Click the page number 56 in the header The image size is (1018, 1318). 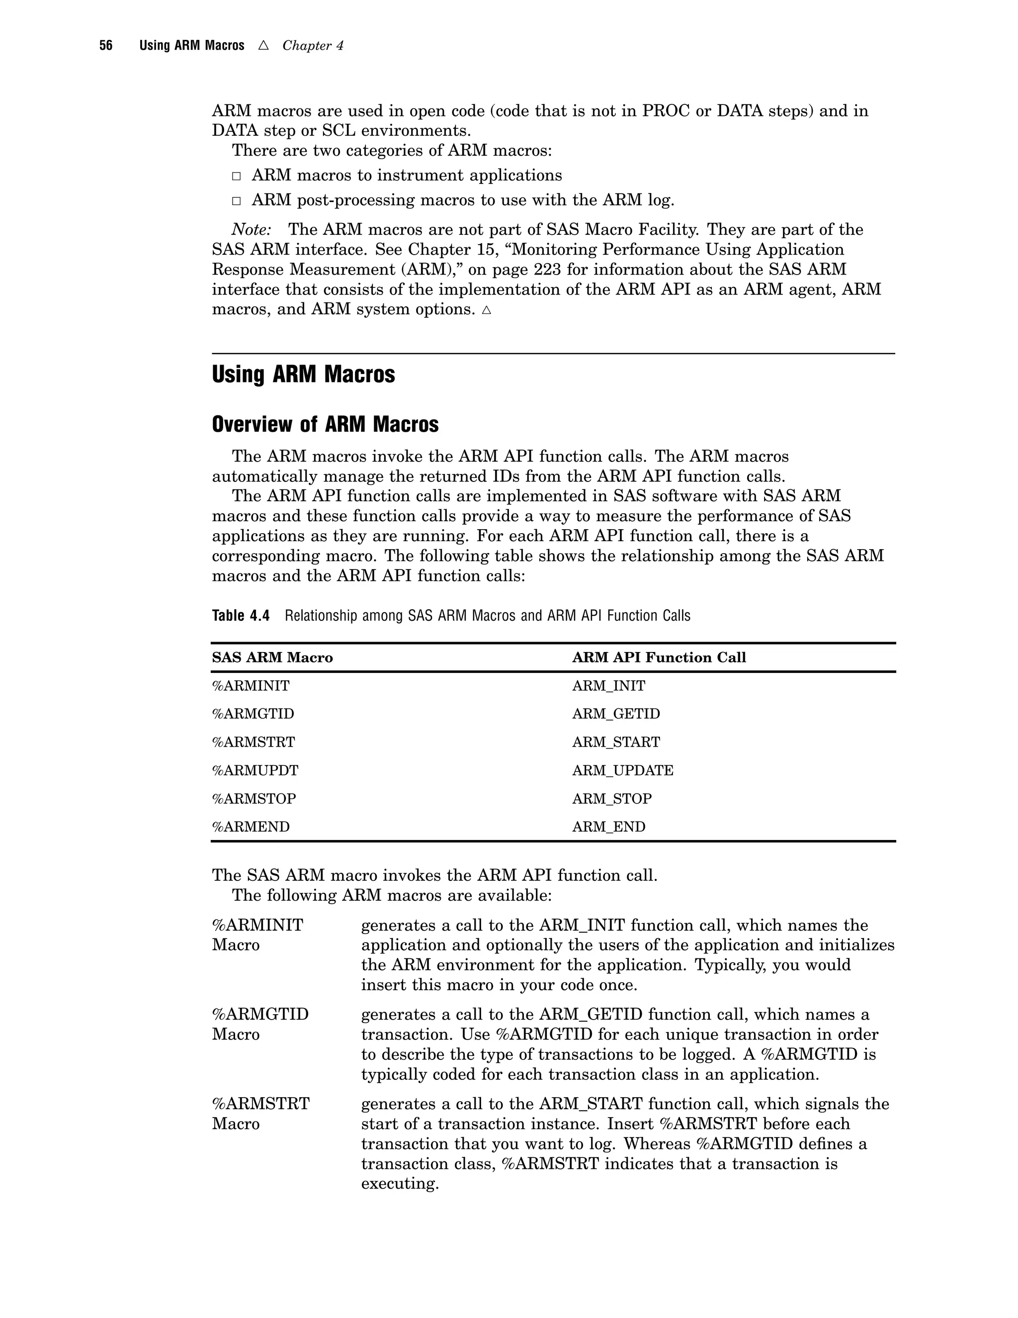click(x=105, y=46)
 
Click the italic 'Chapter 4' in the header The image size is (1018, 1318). click(x=312, y=46)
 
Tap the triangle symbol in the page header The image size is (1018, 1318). click(x=263, y=45)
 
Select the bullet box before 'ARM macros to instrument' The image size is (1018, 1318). click(x=237, y=176)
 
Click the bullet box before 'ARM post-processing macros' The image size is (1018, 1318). click(x=237, y=201)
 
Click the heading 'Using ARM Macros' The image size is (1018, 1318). click(x=303, y=375)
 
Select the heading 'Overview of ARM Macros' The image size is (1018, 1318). click(x=325, y=425)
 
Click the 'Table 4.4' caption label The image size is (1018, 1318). click(x=241, y=616)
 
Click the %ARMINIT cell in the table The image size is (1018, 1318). click(x=251, y=686)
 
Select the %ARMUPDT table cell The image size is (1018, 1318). click(x=254, y=770)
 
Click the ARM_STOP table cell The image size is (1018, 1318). click(x=611, y=799)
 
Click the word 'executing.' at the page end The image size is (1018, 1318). click(x=399, y=1184)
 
